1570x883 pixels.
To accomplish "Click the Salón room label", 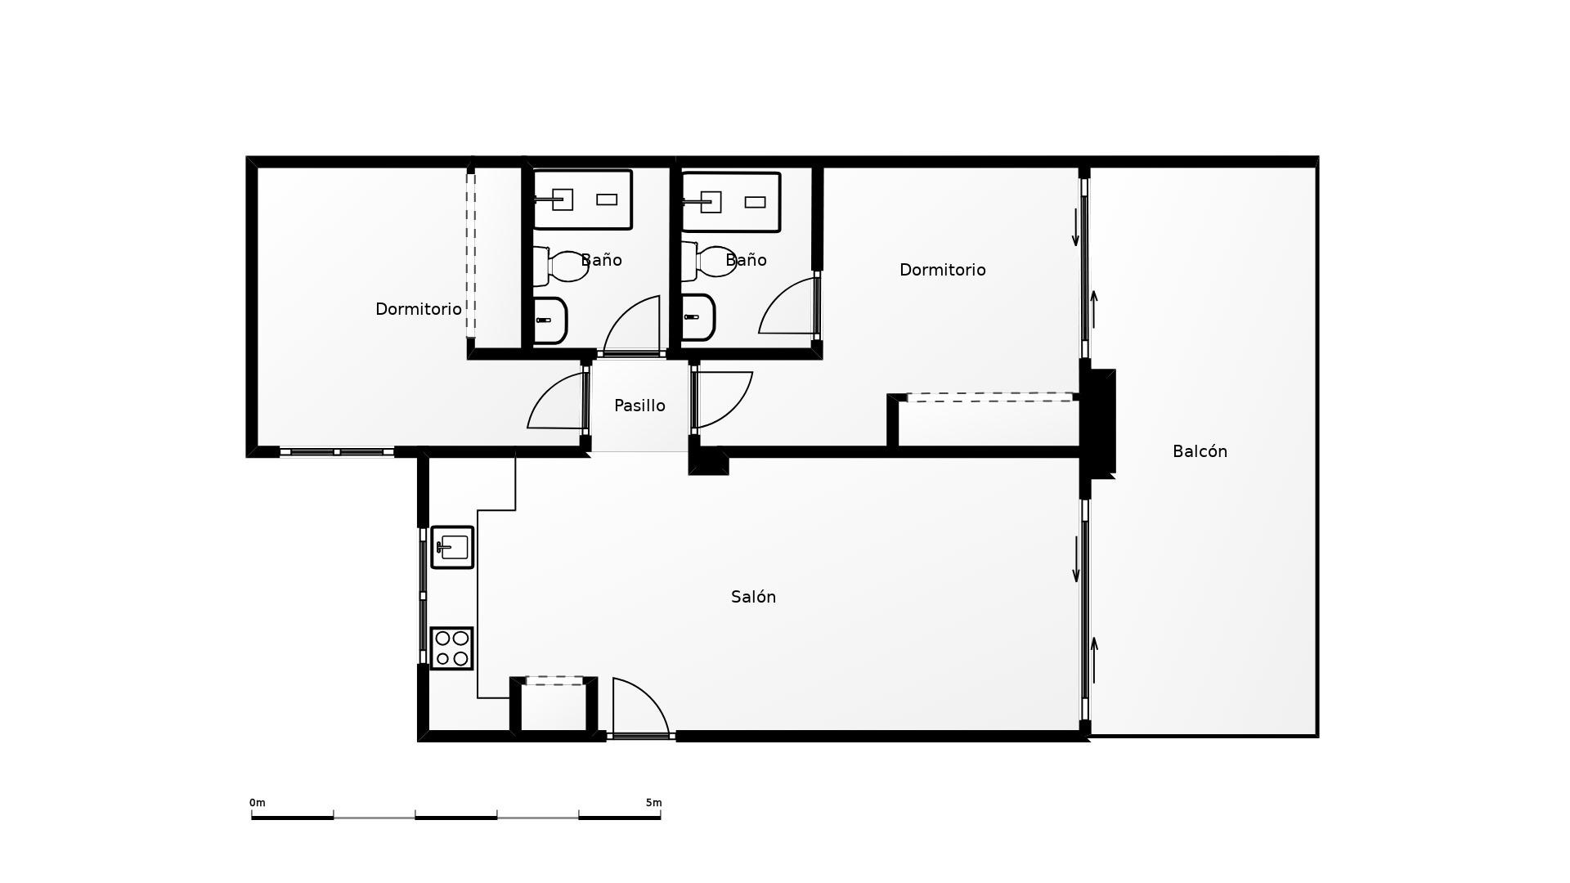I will (753, 597).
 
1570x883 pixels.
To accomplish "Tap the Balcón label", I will (1200, 451).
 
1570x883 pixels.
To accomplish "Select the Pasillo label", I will (639, 406).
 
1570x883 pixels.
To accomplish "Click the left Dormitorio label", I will (418, 309).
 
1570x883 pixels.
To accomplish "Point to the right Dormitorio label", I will (942, 270).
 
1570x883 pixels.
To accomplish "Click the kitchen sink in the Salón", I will (452, 547).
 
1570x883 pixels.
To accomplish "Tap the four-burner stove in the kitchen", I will (452, 648).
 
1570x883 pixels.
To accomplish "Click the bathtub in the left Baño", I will (583, 199).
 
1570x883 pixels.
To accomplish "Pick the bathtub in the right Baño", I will (731, 202).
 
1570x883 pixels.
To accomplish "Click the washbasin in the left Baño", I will (549, 320).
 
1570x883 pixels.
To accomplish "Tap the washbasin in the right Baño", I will (698, 317).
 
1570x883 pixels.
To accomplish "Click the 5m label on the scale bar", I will (653, 803).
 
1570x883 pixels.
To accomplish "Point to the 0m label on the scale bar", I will (258, 803).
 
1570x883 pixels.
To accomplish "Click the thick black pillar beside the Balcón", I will (1097, 421).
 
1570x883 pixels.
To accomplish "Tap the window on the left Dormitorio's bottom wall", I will (337, 451).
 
